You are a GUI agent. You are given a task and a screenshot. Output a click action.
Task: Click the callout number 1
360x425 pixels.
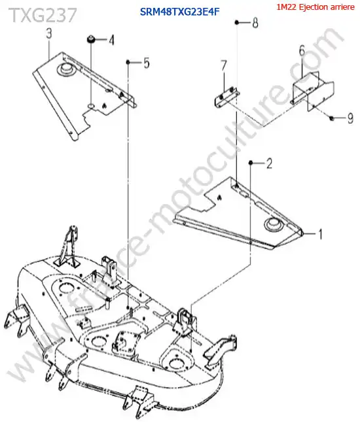pos(321,234)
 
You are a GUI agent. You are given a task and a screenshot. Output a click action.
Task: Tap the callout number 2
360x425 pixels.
pos(269,163)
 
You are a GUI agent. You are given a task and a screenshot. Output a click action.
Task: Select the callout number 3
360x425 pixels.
pos(49,34)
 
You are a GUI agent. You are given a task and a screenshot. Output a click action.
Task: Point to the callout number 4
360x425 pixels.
pos(111,41)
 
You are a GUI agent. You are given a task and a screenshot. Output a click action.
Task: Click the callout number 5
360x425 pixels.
pos(147,63)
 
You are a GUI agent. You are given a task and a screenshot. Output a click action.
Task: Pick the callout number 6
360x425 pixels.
pos(302,51)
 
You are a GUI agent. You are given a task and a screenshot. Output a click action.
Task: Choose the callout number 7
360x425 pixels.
pos(224,65)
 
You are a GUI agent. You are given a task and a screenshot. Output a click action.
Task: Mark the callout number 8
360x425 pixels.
pos(255,23)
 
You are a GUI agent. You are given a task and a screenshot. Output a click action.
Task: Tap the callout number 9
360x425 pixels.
pos(350,118)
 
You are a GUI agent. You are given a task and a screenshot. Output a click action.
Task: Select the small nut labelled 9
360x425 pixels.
pos(331,118)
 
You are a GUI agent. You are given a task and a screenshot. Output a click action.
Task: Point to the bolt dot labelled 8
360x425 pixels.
pos(237,22)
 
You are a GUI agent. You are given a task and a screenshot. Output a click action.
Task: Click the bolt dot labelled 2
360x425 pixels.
pos(251,163)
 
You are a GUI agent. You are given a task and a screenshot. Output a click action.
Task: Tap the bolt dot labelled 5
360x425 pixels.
pos(128,63)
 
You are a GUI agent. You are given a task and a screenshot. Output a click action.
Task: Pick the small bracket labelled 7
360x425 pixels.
pos(226,97)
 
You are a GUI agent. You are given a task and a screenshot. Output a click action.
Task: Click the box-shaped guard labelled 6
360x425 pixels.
pos(312,90)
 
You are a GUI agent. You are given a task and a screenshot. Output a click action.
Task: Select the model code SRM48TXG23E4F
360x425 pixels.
pos(179,12)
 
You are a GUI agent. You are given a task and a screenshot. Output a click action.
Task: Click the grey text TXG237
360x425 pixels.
pos(43,14)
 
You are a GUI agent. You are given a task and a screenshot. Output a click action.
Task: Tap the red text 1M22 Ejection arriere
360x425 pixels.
pos(315,7)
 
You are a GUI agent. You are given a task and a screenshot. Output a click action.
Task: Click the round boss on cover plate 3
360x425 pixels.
pos(65,69)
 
